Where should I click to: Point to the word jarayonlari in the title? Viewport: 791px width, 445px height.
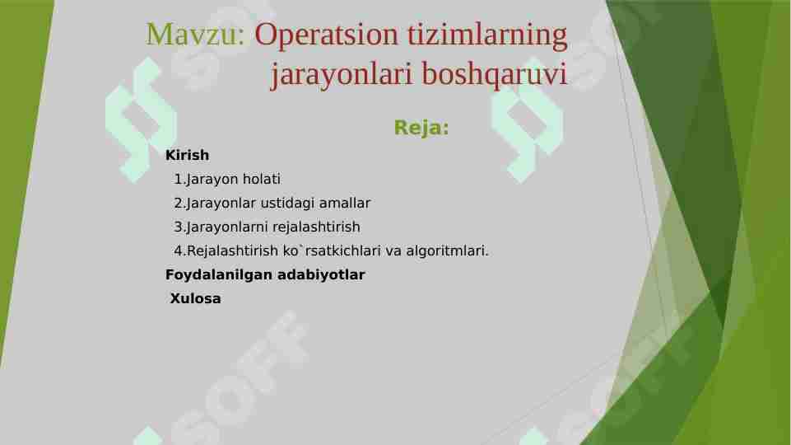tap(342, 75)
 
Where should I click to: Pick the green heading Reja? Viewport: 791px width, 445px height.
tap(421, 128)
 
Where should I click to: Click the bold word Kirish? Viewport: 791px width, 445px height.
tap(188, 155)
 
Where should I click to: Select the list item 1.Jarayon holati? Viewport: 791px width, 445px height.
tap(227, 179)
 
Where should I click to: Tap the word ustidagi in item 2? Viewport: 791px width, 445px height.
tap(289, 203)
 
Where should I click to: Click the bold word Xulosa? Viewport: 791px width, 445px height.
tap(195, 298)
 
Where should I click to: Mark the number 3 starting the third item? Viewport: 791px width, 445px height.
tap(178, 227)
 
